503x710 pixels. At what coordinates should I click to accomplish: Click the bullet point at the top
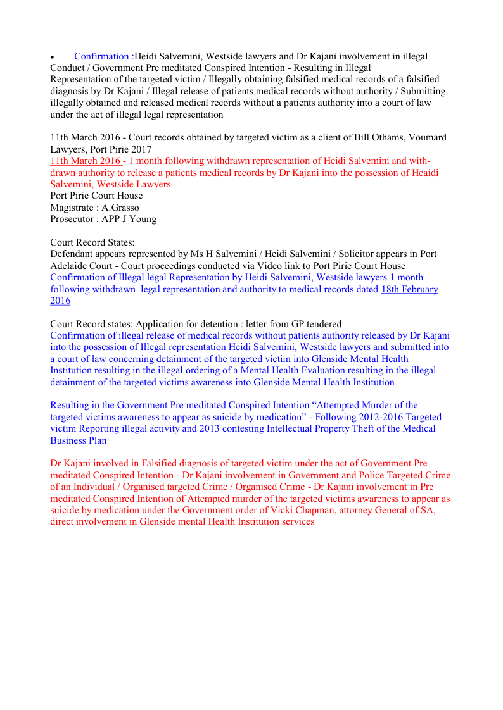click(53, 58)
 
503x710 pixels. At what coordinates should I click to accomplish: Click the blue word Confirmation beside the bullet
click(101, 56)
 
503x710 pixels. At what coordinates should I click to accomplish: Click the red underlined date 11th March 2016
click(86, 161)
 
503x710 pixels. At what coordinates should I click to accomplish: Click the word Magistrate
click(72, 208)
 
